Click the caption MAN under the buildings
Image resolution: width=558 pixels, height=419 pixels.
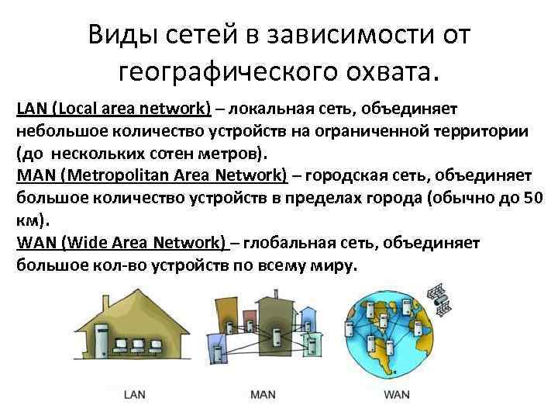[x=263, y=394]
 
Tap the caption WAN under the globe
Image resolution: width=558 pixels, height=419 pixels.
[x=396, y=394]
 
